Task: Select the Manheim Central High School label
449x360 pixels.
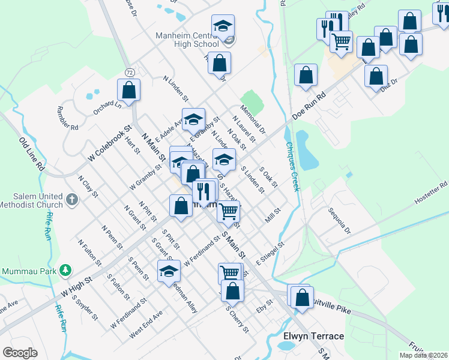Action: coord(187,40)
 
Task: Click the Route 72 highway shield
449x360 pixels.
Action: coord(130,72)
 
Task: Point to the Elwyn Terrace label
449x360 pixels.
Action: coord(313,336)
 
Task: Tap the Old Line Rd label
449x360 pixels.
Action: coord(32,155)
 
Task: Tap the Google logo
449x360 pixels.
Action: coord(20,353)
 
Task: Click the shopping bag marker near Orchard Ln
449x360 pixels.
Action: coord(128,90)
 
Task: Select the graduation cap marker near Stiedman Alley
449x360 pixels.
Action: coord(169,271)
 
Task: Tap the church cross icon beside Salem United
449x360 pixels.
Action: coord(71,199)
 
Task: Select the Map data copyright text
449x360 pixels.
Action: coord(423,355)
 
